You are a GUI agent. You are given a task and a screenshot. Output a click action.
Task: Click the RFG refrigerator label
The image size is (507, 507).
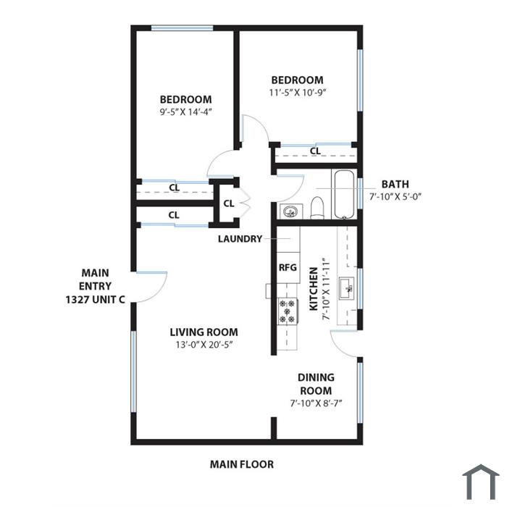pyautogui.click(x=288, y=268)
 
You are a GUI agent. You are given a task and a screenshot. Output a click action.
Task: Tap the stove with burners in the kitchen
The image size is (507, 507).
pyautogui.click(x=288, y=311)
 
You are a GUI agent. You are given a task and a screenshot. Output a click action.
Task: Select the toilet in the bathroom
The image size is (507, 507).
pyautogui.click(x=317, y=207)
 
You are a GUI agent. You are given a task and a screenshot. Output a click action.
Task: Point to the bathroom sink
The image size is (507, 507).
pyautogui.click(x=290, y=211)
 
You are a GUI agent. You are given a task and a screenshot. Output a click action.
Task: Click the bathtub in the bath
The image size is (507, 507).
pyautogui.click(x=344, y=194)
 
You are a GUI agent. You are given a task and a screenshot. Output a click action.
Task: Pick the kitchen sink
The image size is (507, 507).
pyautogui.click(x=346, y=288)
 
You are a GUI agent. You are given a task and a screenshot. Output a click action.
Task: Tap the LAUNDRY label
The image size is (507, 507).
pyautogui.click(x=240, y=239)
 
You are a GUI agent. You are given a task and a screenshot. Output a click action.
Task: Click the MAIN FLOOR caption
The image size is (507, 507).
pyautogui.click(x=242, y=464)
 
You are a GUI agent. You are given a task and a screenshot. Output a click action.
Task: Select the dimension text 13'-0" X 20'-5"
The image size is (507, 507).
pyautogui.click(x=204, y=345)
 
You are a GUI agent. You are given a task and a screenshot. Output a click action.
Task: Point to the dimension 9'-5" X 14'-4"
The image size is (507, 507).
pyautogui.click(x=185, y=112)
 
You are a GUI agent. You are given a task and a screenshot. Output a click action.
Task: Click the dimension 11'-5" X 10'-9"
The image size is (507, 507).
pyautogui.click(x=297, y=93)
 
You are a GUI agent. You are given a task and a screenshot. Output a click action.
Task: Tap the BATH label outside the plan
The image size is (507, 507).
pyautogui.click(x=395, y=184)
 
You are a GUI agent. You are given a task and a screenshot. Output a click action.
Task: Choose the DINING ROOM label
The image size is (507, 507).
pyautogui.click(x=316, y=384)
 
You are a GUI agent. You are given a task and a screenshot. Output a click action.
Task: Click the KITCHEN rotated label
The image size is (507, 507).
pyautogui.click(x=314, y=289)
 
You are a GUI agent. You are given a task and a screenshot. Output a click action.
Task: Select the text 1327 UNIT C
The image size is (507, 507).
pyautogui.click(x=96, y=300)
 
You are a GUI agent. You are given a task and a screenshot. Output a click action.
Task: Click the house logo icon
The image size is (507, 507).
pyautogui.click(x=481, y=482)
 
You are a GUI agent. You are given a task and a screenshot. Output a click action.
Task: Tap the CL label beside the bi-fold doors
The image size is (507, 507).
pyautogui.click(x=229, y=204)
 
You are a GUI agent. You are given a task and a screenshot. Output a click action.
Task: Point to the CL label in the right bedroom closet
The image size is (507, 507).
pyautogui.click(x=315, y=151)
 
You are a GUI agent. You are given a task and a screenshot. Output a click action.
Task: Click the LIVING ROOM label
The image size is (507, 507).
pyautogui.click(x=204, y=332)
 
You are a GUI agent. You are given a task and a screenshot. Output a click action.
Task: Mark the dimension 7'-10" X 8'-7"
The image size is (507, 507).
pyautogui.click(x=316, y=403)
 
